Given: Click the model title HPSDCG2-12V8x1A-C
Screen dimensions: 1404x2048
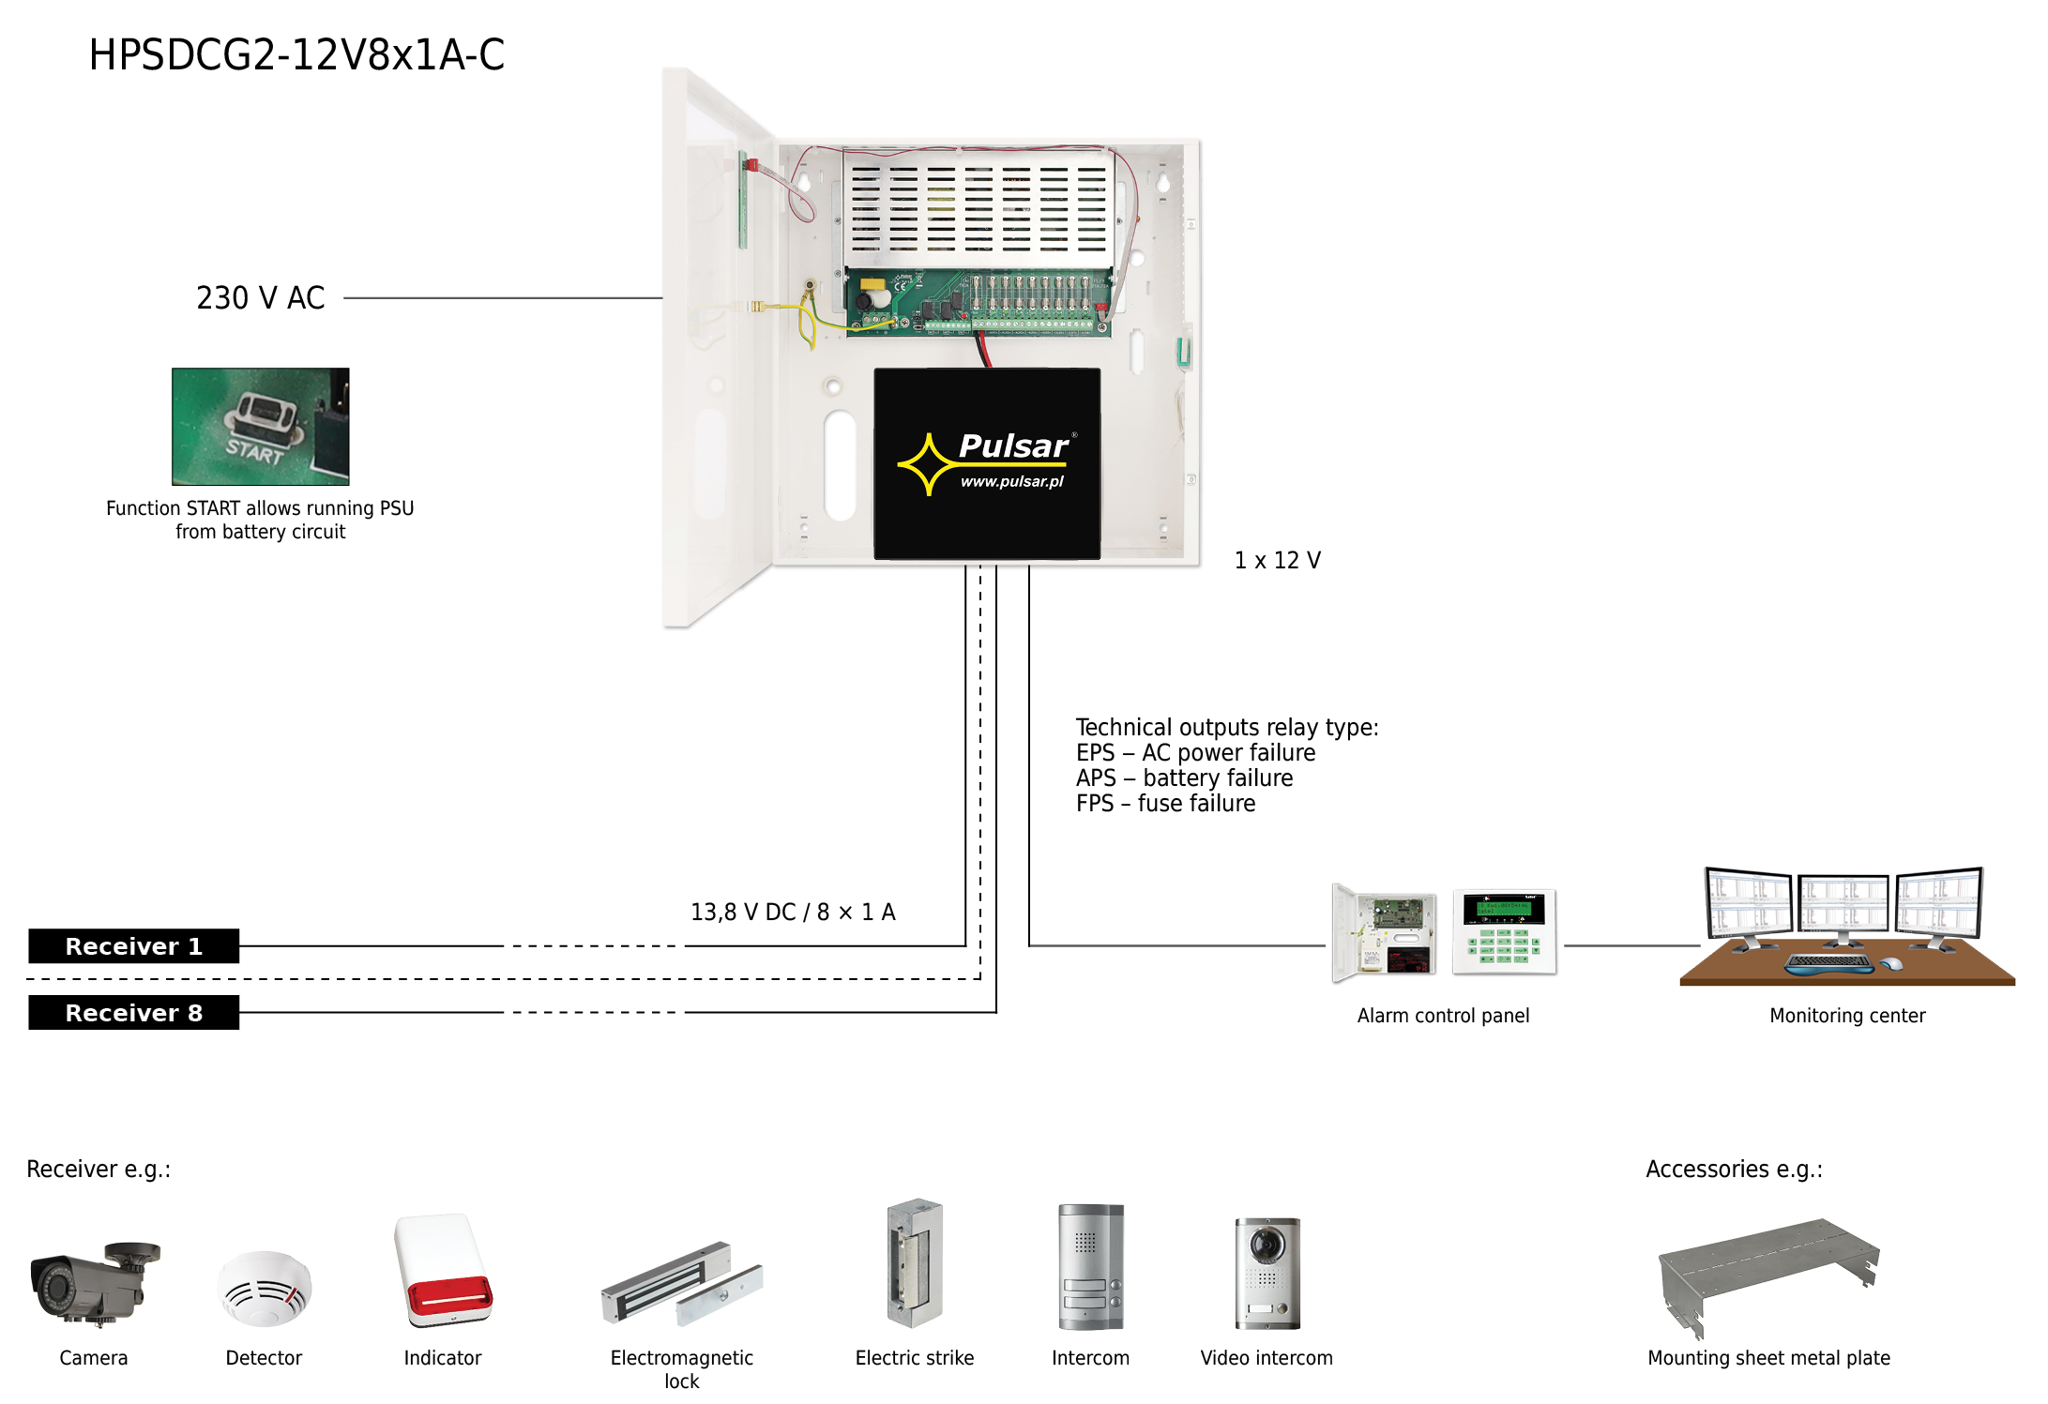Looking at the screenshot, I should tap(296, 54).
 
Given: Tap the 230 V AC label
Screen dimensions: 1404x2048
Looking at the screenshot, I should tap(260, 297).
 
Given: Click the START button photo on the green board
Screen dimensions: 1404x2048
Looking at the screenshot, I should tap(260, 426).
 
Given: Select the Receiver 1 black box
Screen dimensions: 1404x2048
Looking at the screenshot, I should tap(133, 946).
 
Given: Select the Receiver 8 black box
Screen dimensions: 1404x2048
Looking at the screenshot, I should tap(133, 1013).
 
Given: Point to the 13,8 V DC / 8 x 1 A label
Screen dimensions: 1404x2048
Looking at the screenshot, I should tap(793, 912).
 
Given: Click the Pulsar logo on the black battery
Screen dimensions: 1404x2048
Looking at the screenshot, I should tap(986, 460).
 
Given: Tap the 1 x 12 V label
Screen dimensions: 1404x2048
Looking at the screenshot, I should tap(1277, 560).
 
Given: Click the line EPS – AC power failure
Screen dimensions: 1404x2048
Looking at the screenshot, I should tap(1195, 753).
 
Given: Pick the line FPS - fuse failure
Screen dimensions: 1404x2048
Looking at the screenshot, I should tap(1165, 804).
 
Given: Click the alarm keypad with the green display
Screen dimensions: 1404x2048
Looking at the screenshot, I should tap(1505, 932).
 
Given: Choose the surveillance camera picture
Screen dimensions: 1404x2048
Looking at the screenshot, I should tap(94, 1282).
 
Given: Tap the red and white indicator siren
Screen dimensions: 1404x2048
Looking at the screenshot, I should tap(443, 1270).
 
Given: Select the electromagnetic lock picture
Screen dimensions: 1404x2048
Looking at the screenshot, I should tap(681, 1284).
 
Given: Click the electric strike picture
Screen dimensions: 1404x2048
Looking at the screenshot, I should tap(914, 1262).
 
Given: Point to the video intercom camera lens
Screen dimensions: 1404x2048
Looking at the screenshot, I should tap(1267, 1244).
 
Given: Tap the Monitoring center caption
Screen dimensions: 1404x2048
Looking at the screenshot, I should tap(1846, 1016).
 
